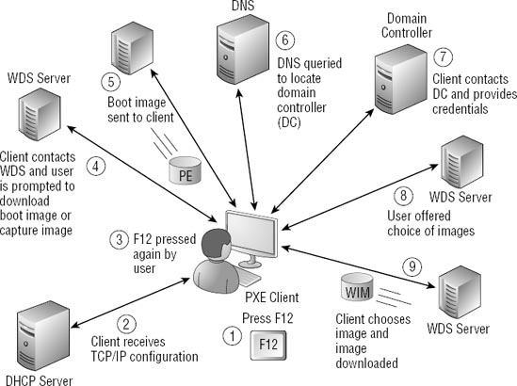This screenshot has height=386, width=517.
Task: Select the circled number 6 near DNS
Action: pyautogui.click(x=287, y=40)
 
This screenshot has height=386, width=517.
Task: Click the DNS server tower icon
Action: pyautogui.click(x=238, y=53)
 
